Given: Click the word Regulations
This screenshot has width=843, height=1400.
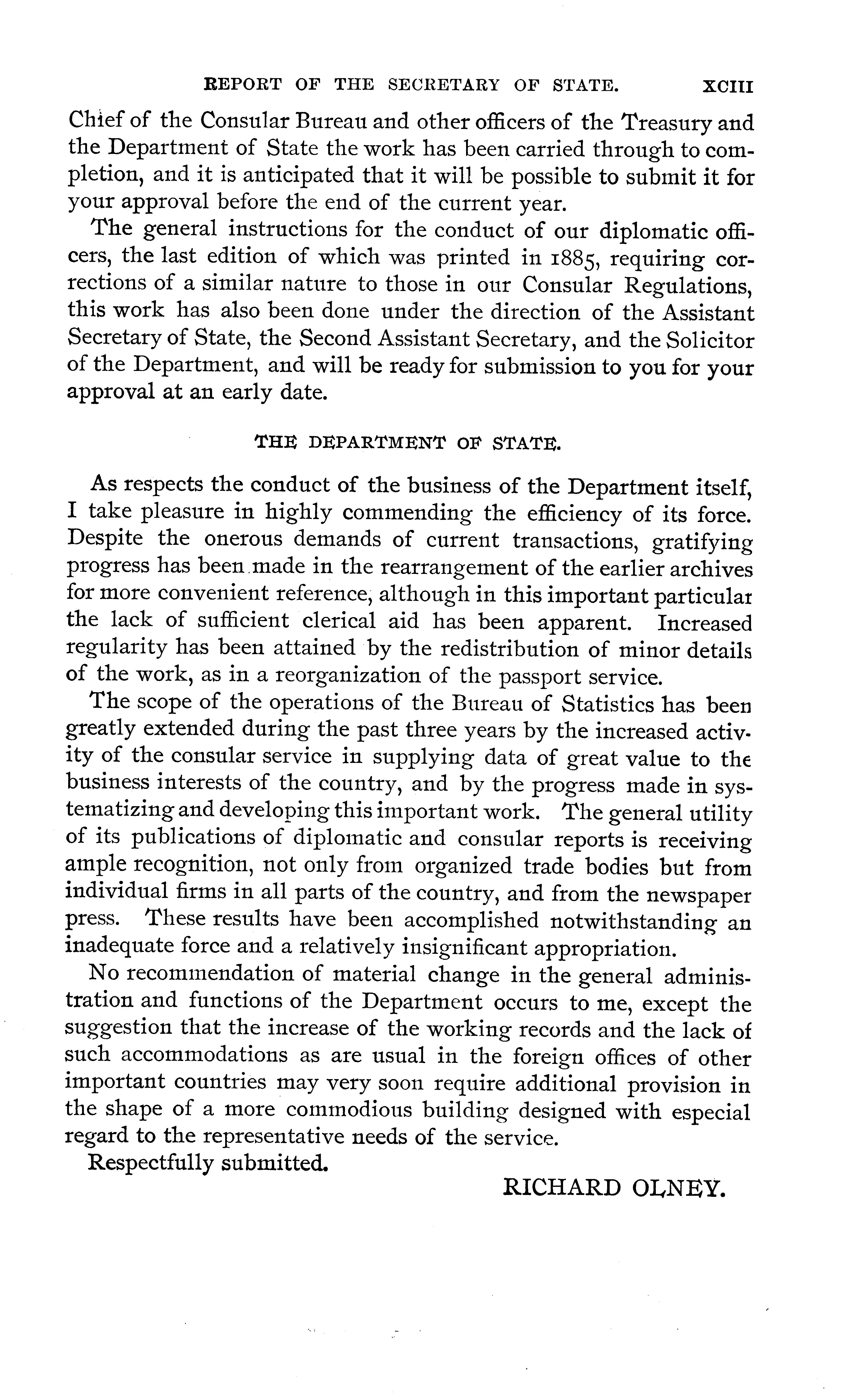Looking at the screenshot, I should click(689, 286).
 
